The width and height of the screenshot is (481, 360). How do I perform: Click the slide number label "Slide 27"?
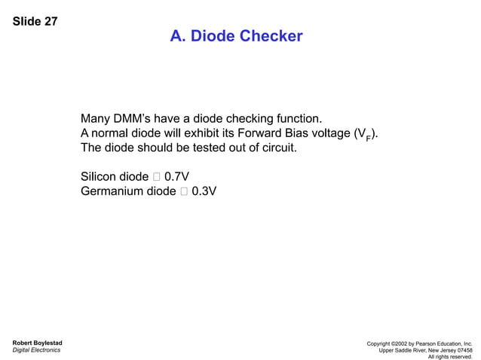click(x=35, y=21)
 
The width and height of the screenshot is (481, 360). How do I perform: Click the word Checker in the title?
click(x=271, y=36)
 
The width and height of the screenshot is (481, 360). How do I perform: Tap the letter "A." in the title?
click(x=178, y=36)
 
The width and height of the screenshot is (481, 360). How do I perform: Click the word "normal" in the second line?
click(x=111, y=133)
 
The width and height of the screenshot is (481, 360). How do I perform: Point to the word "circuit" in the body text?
click(x=276, y=148)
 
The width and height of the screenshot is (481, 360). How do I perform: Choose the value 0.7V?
click(x=176, y=177)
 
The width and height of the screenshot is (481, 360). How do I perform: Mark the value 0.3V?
click(x=204, y=191)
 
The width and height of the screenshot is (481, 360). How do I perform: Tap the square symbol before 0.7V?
click(x=156, y=177)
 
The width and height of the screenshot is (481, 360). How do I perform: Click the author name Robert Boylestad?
click(x=37, y=343)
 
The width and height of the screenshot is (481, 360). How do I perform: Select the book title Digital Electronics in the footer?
click(x=36, y=350)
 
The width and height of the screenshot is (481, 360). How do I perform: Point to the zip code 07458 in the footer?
click(x=463, y=350)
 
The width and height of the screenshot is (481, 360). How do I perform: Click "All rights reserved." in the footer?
click(x=450, y=357)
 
